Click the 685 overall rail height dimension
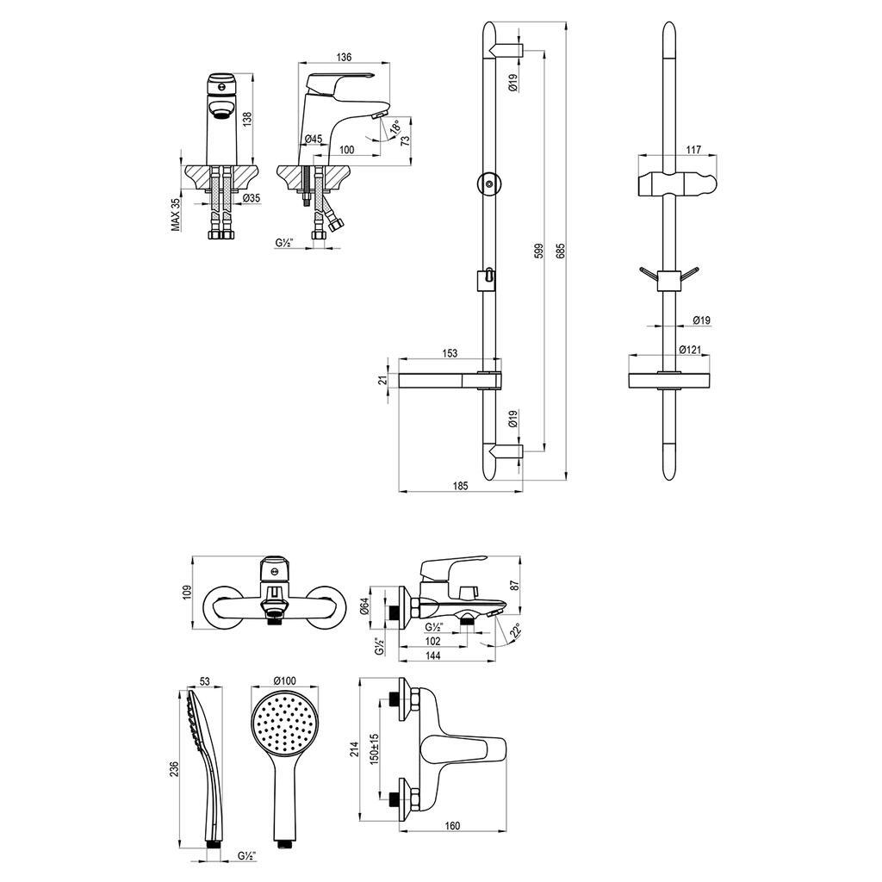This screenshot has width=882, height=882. point(560,251)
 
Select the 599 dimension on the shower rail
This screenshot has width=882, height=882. point(538,251)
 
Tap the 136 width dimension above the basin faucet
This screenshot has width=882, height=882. point(344,57)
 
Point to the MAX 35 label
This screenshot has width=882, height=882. point(176,214)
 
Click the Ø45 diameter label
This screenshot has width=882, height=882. point(314,139)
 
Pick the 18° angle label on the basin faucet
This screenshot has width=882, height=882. point(396,127)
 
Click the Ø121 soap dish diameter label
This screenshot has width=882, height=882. point(690,350)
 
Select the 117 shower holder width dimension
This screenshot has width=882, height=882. point(693,150)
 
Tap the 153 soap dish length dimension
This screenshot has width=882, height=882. point(450,353)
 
